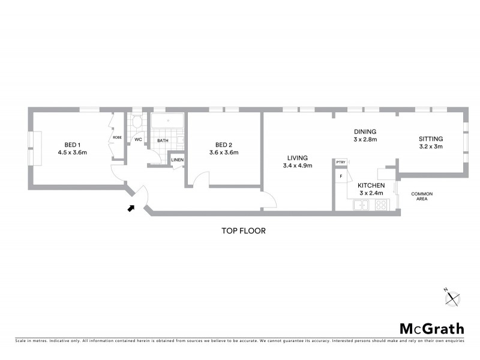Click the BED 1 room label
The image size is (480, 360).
tap(73, 144)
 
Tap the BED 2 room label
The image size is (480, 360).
tap(224, 144)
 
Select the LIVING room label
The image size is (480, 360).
tap(297, 158)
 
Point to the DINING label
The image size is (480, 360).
tap(365, 132)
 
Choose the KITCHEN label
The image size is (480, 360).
tap(371, 185)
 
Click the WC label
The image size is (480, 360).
tap(138, 140)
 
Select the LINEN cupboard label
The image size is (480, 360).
tap(177, 160)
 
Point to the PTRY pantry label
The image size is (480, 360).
tap(341, 163)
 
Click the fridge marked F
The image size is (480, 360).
tap(341, 176)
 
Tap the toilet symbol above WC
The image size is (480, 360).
tap(137, 122)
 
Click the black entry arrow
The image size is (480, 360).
tap(131, 208)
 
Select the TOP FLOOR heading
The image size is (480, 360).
tap(243, 230)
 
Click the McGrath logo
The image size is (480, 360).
tap(432, 328)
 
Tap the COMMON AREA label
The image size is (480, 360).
tap(422, 196)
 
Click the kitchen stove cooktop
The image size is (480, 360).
tap(380, 205)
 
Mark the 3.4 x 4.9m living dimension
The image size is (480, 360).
tap(297, 166)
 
